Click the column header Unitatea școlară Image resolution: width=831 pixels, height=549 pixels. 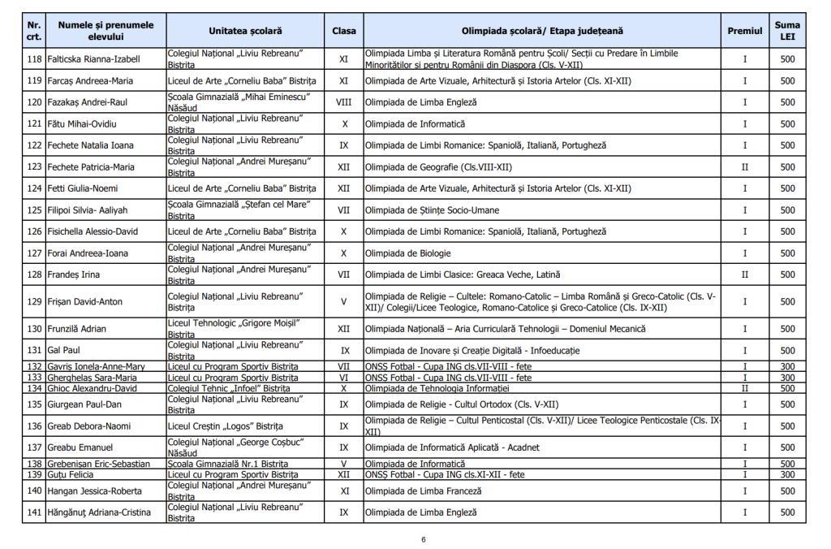click(x=245, y=31)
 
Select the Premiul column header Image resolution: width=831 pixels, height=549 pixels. click(x=744, y=31)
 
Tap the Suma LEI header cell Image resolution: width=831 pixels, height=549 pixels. click(x=787, y=31)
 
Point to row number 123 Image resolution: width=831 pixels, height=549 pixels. click(x=34, y=166)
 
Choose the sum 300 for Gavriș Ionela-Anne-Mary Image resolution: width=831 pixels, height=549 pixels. click(x=787, y=366)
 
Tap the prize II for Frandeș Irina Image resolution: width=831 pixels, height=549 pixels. click(x=744, y=274)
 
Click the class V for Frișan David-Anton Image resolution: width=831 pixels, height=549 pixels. click(x=343, y=301)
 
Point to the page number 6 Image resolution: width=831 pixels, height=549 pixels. click(x=423, y=539)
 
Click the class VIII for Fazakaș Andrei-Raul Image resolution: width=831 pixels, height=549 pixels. click(x=343, y=102)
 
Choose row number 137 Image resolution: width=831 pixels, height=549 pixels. click(x=34, y=447)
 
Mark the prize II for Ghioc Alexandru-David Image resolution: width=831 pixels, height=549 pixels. click(x=744, y=388)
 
